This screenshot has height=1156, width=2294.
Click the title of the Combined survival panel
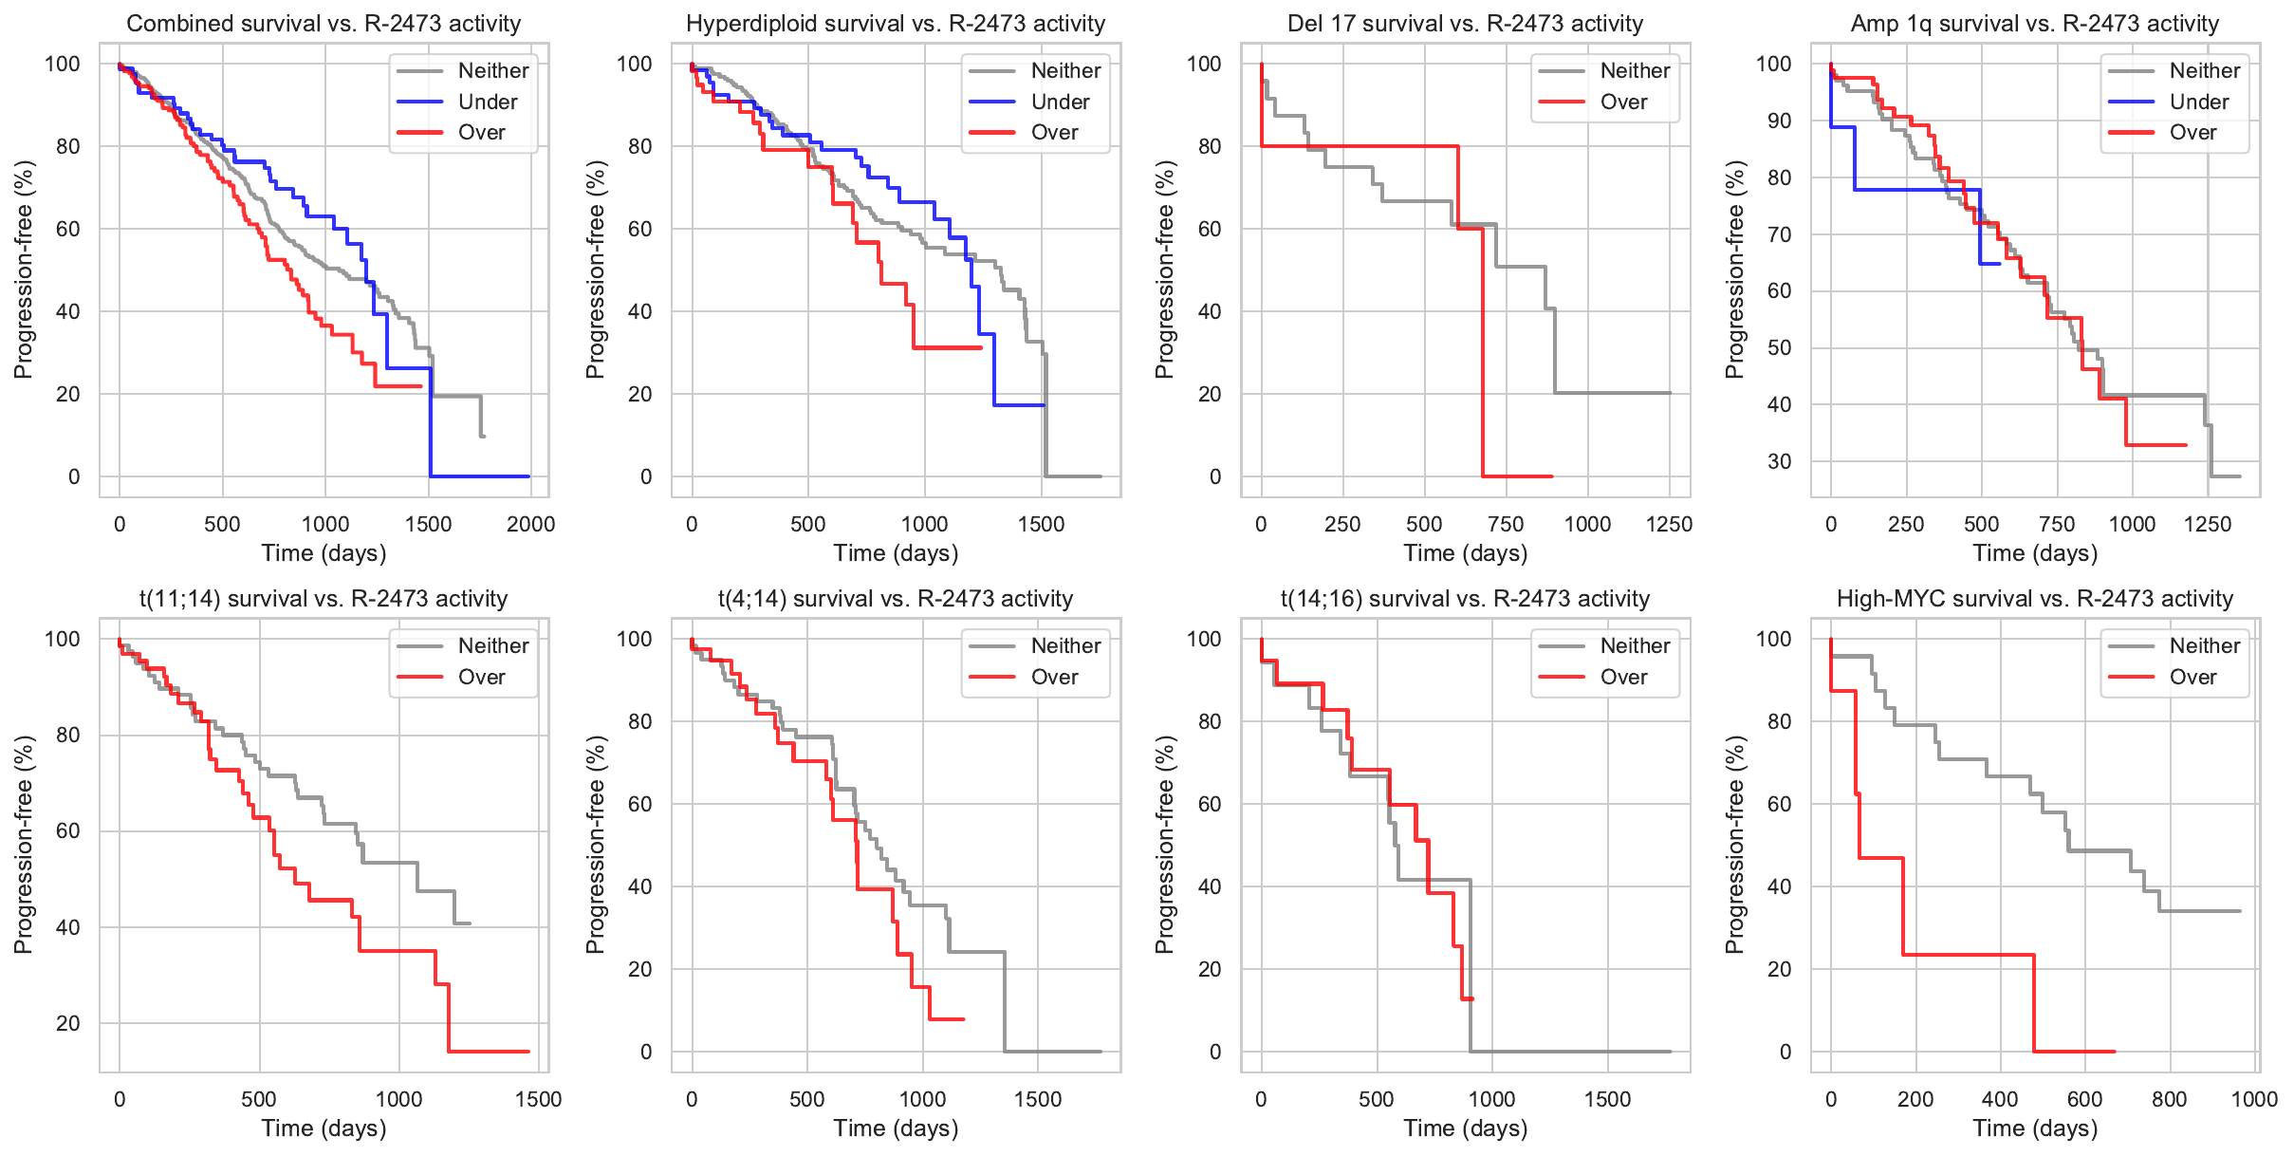coord(324,24)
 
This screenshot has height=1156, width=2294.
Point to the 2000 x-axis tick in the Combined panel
coord(530,524)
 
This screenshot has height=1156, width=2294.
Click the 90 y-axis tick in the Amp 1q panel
coord(1773,121)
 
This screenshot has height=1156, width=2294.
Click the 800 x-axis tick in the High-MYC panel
coord(2169,1099)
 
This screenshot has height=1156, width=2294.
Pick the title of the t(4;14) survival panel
coord(896,599)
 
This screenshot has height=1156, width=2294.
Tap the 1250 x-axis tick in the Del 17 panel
coord(1669,524)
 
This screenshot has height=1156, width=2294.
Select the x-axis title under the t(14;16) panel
coord(1465,1128)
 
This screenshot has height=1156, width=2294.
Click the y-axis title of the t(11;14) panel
coord(24,845)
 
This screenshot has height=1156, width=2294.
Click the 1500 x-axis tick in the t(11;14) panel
coord(538,1099)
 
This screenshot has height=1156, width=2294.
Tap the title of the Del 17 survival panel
coord(1465,24)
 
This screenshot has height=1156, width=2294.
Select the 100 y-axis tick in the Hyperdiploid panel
coord(634,64)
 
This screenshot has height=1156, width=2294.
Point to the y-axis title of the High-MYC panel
coord(1734,845)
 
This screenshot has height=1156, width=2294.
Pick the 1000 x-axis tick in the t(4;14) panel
coord(922,1099)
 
